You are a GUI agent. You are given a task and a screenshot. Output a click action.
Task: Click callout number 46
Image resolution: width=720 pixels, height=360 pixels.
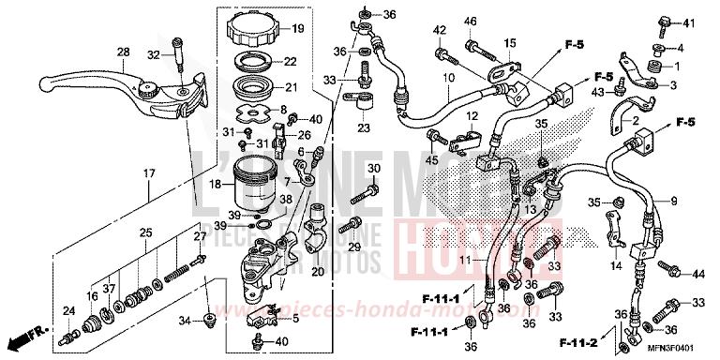point(471,22)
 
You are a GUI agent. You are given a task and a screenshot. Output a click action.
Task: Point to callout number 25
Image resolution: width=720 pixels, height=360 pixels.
point(146,232)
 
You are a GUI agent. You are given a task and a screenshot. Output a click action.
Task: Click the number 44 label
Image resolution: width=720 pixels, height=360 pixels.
point(698,275)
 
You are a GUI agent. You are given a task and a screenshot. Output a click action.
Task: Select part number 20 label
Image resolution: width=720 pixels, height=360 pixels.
point(317,272)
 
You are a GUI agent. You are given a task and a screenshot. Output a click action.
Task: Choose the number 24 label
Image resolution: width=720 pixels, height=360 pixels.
point(67,311)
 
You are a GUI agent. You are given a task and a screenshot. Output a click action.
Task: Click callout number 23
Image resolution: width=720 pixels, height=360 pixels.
point(364,128)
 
